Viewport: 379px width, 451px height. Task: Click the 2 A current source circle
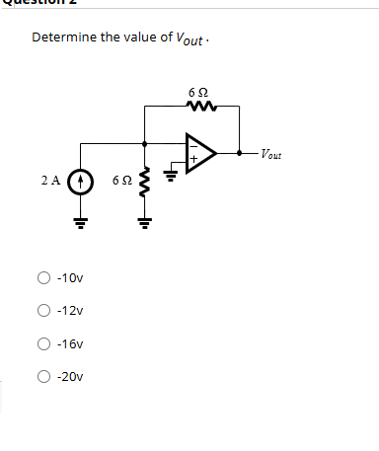click(82, 183)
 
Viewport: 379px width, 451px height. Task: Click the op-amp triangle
click(201, 152)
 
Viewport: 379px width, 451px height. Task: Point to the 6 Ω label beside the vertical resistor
click(121, 182)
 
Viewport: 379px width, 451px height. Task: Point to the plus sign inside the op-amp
click(193, 159)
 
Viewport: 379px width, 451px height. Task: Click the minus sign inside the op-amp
click(193, 144)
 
